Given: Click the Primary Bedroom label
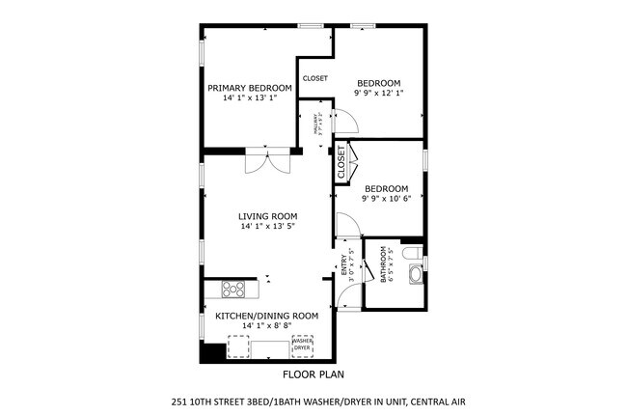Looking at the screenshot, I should tap(250, 88).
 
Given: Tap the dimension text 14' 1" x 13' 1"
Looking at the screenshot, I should tap(250, 98).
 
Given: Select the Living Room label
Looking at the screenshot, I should tap(268, 216).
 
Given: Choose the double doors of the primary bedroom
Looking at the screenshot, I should tap(266, 160).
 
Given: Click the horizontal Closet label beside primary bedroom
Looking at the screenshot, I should tap(314, 78).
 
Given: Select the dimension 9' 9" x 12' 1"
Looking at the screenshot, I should tap(379, 93).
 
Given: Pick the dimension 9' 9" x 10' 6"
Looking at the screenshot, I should tap(386, 200).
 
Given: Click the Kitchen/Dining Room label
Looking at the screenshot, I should tap(266, 316).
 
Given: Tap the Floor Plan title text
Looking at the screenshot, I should tap(313, 373).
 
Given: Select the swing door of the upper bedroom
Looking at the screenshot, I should tap(345, 120).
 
